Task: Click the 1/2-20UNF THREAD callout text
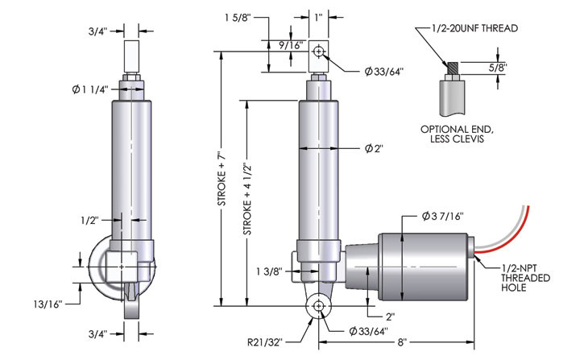pyautogui.click(x=469, y=28)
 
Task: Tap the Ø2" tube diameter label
pyautogui.click(x=372, y=149)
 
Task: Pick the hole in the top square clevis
pyautogui.click(x=320, y=52)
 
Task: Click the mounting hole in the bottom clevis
pyautogui.click(x=320, y=306)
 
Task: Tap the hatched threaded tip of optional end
pyautogui.click(x=452, y=69)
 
